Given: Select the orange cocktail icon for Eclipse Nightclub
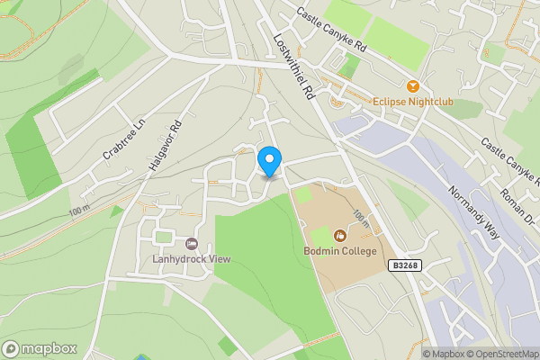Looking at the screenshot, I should (413, 86).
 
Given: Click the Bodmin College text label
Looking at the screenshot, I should (339, 251).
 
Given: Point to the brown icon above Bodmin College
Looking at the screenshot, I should (339, 236).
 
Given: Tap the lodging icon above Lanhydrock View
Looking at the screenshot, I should (191, 244).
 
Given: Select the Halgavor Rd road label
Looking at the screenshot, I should (168, 147).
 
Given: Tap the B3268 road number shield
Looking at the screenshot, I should (406, 265).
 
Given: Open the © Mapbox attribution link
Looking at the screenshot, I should (444, 354).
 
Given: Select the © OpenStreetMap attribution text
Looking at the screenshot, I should (502, 354).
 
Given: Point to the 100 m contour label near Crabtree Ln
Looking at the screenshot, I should (79, 211).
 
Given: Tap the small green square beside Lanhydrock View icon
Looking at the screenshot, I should (163, 237).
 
